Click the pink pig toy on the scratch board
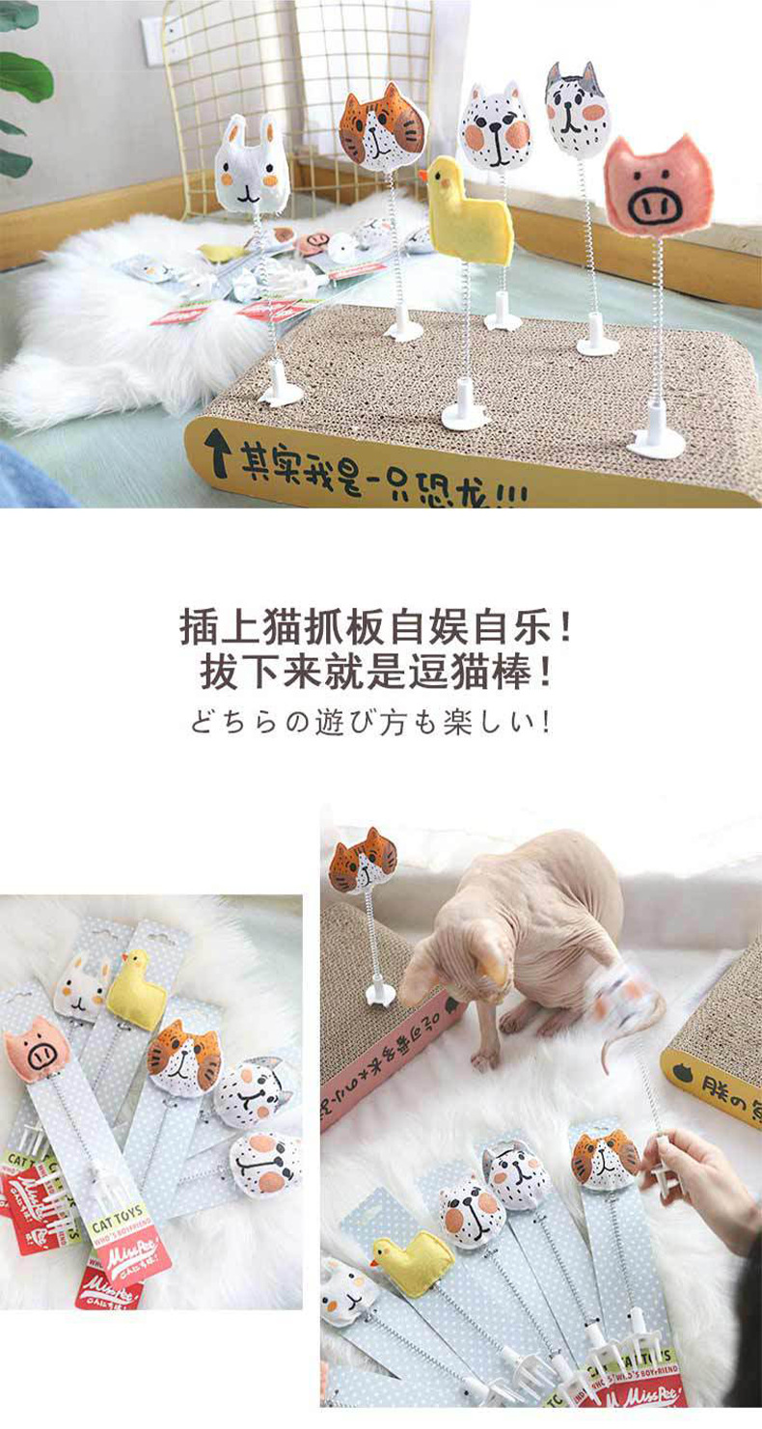(659, 187)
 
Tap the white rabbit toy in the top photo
(251, 167)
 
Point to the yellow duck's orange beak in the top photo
(423, 176)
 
